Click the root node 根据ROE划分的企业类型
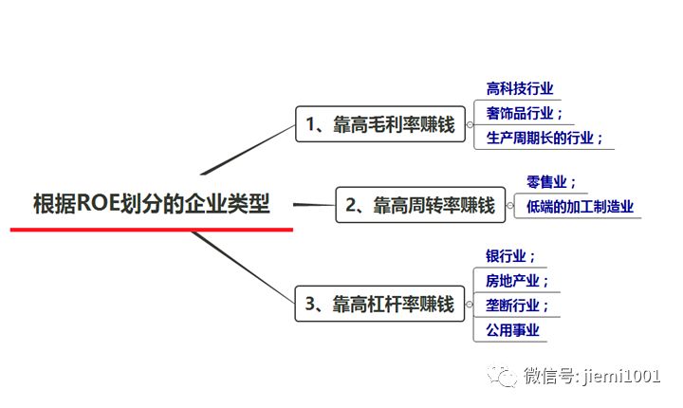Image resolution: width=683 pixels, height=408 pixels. [x=152, y=204]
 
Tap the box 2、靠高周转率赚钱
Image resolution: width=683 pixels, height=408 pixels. [x=420, y=205]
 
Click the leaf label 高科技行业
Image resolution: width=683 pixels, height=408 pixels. [x=519, y=89]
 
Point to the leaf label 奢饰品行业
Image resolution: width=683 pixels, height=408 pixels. [x=524, y=113]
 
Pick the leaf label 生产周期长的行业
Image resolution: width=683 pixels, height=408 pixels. [x=544, y=138]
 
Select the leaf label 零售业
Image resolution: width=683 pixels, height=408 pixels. [x=551, y=182]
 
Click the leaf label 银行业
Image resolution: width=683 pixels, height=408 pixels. [x=510, y=256]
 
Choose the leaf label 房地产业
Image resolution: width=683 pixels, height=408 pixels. [x=517, y=281]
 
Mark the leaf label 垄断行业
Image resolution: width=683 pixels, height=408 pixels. [x=517, y=306]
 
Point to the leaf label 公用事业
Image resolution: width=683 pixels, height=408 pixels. [x=512, y=330]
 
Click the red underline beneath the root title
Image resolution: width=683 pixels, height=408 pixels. [x=152, y=229]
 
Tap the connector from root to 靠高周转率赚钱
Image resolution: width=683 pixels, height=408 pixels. [x=313, y=204]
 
